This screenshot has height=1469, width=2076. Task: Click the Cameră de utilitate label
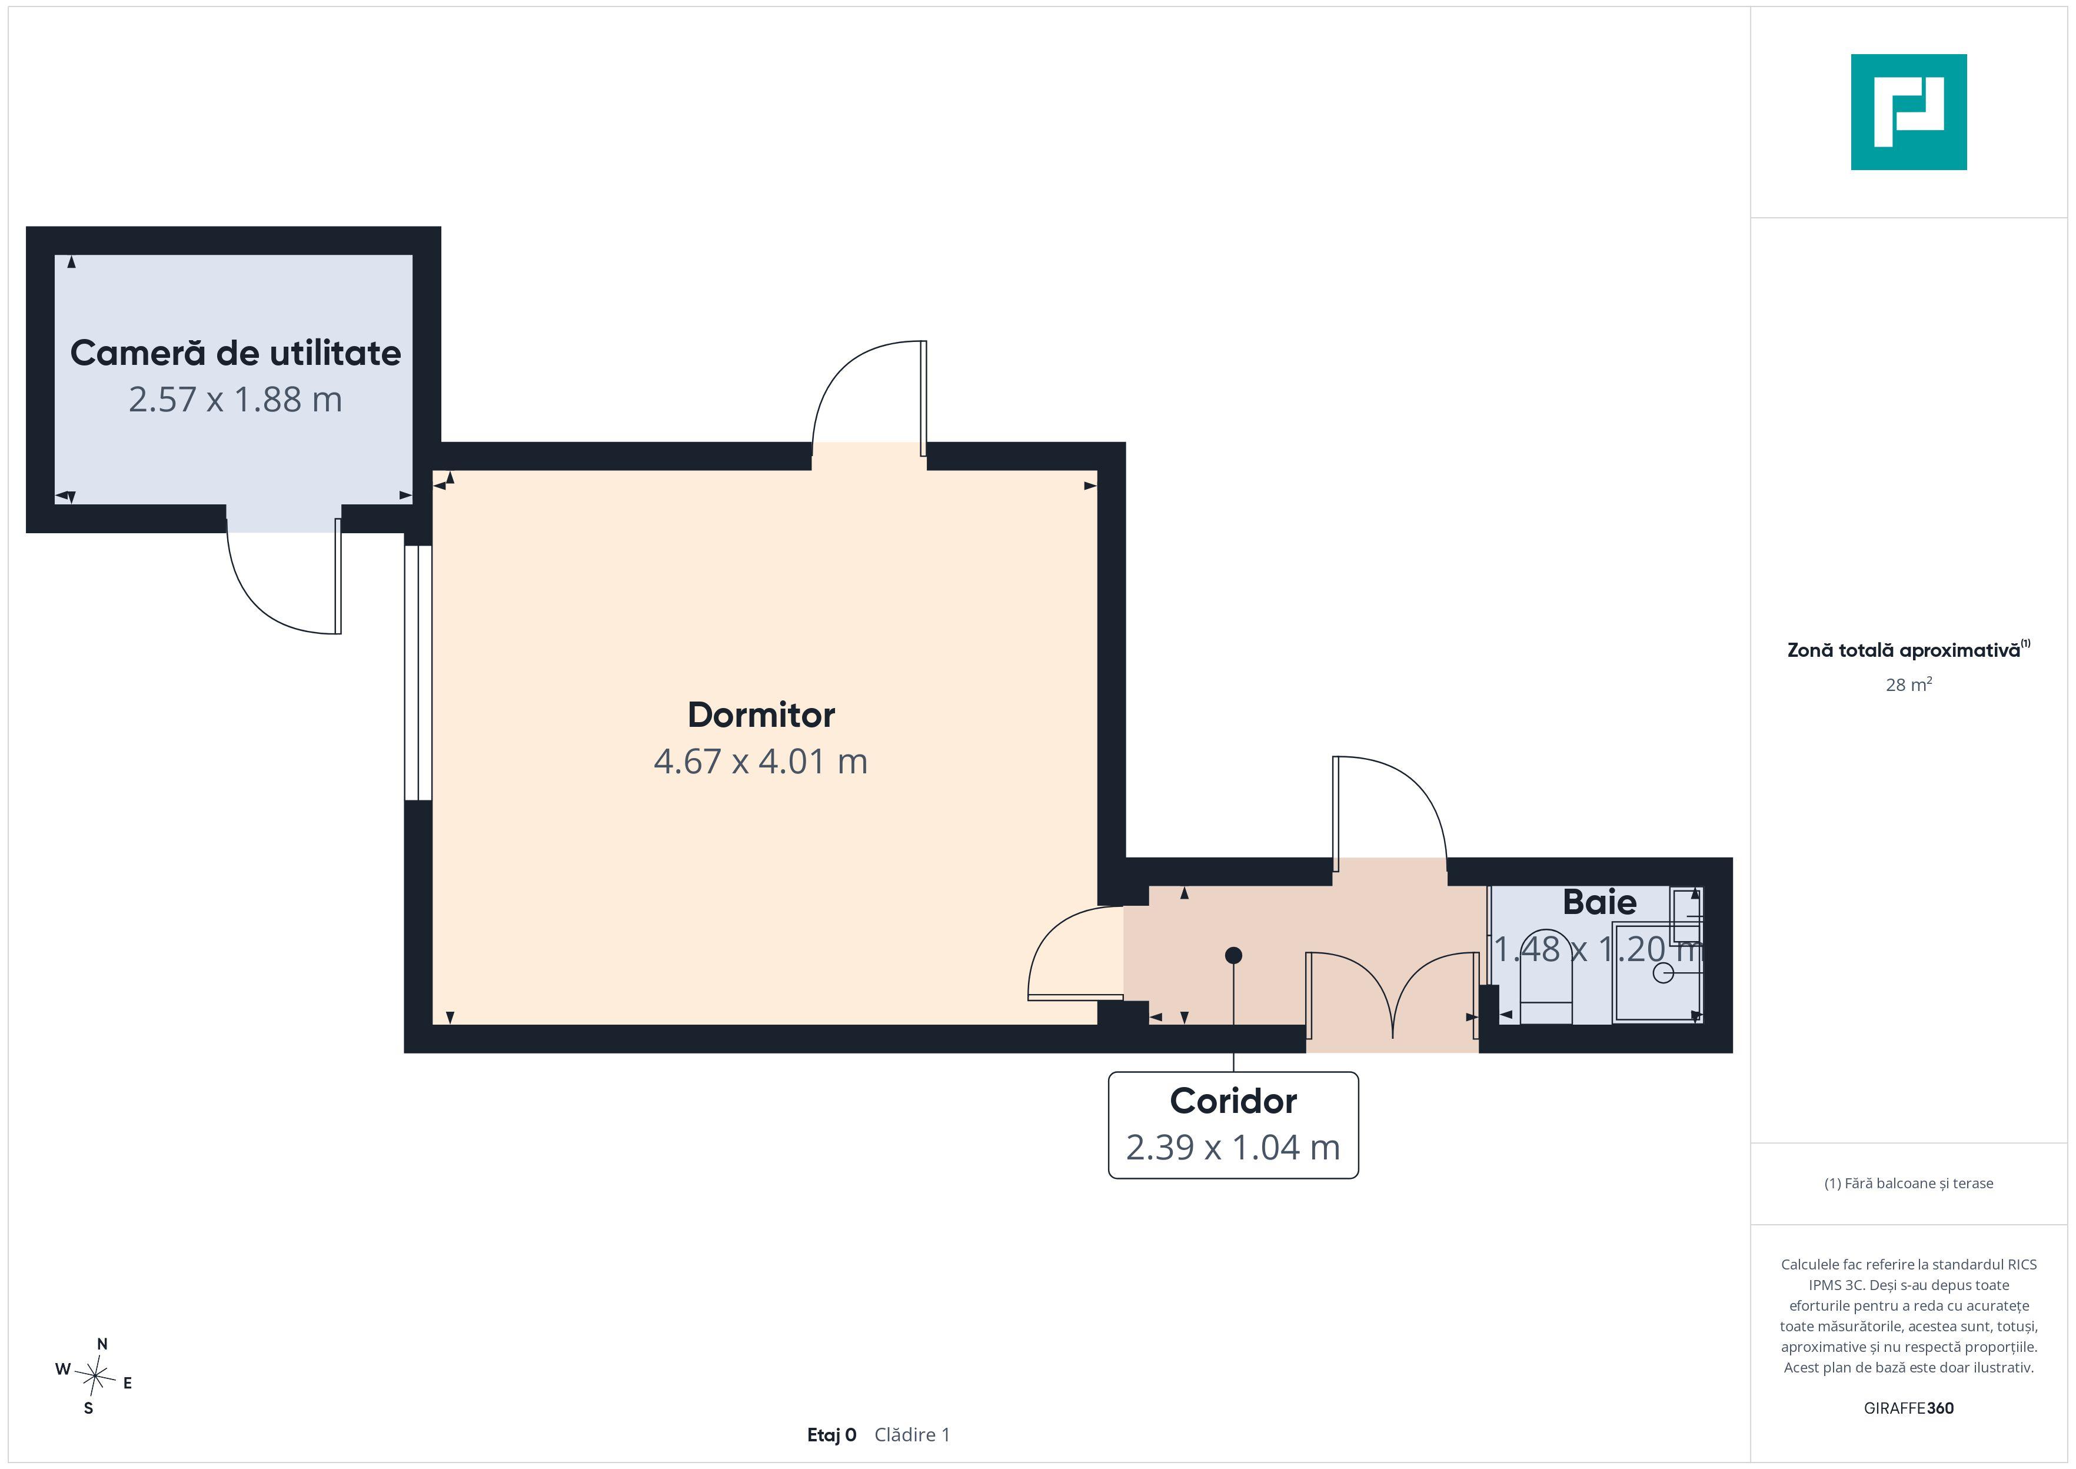click(x=235, y=353)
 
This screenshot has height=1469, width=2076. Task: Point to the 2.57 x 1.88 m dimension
click(x=235, y=400)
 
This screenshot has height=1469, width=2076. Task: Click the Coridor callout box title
click(x=1233, y=1101)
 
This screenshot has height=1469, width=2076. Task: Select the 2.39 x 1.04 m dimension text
click(x=1233, y=1147)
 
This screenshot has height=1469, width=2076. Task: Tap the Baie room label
click(x=1599, y=902)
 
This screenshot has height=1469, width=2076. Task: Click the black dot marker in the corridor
click(x=1233, y=955)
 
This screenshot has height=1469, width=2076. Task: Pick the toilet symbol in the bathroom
click(x=1546, y=979)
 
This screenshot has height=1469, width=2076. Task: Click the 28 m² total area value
click(x=1909, y=684)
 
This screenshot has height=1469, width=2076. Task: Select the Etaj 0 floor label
click(x=832, y=1435)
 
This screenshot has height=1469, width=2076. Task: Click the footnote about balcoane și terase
click(x=1909, y=1183)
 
